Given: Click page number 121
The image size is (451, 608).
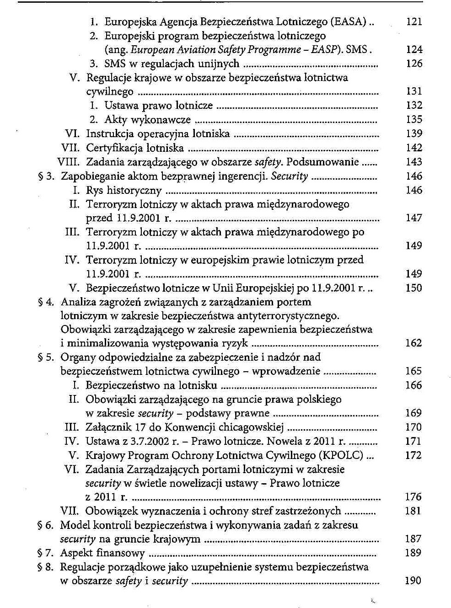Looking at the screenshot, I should click(413, 21).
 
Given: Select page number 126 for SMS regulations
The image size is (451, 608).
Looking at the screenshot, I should click(413, 64).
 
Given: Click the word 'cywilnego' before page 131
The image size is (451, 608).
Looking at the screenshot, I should click(110, 92).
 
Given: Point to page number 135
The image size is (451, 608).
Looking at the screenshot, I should click(413, 120).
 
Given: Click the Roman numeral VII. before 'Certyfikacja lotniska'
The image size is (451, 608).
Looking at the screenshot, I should click(71, 148).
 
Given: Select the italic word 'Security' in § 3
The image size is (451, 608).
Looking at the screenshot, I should click(290, 176).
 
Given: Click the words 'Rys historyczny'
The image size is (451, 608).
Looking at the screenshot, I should click(123, 191).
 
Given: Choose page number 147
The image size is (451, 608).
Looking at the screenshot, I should click(413, 218).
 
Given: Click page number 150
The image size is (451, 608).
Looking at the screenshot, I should click(413, 288).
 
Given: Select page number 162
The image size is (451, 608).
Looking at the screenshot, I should click(413, 343).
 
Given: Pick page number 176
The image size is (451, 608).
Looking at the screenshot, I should click(413, 497).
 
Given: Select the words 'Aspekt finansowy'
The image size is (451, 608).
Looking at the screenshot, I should click(102, 553).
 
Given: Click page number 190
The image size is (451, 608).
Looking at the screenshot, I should click(413, 581).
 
